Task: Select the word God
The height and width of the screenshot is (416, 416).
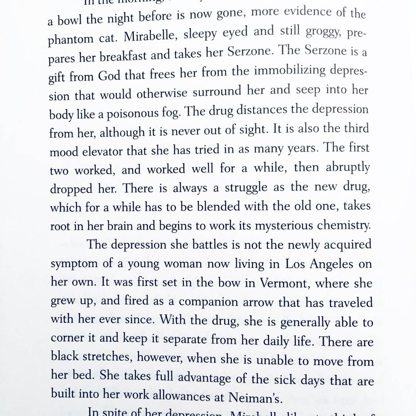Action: (x=109, y=75)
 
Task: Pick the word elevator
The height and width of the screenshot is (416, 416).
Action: (x=101, y=151)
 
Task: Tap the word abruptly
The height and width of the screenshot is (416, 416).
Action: (x=347, y=167)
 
